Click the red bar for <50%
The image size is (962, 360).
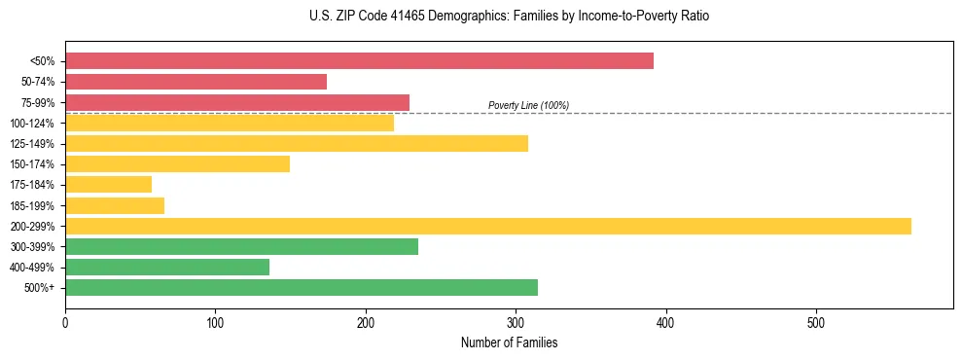pyautogui.click(x=359, y=60)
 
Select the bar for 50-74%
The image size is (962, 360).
pyautogui.click(x=196, y=82)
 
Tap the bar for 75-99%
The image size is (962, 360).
pyautogui.click(x=237, y=102)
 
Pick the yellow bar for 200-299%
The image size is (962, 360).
pyautogui.click(x=488, y=226)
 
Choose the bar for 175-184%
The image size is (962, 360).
pyautogui.click(x=108, y=185)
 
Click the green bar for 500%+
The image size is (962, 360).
pyautogui.click(x=302, y=288)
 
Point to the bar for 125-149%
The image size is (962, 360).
pyautogui.click(x=297, y=143)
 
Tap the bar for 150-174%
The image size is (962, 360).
pyautogui.click(x=177, y=163)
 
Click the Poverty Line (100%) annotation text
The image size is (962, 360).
pyautogui.click(x=528, y=105)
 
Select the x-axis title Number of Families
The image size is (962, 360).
pyautogui.click(x=509, y=342)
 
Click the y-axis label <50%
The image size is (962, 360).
pyautogui.click(x=42, y=60)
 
